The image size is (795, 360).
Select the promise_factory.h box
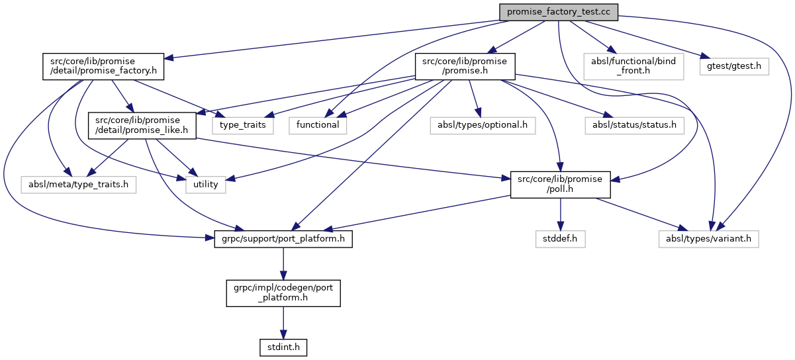pyautogui.click(x=103, y=66)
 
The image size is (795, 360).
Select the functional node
pyautogui.click(x=318, y=124)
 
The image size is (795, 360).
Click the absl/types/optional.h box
pyautogui.click(x=483, y=124)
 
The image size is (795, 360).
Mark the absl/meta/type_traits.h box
pyautogui.click(x=78, y=184)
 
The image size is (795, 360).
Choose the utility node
pyautogui.click(x=206, y=184)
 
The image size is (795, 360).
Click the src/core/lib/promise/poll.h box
pyautogui.click(x=560, y=184)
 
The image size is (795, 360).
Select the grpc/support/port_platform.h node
pyautogui.click(x=283, y=238)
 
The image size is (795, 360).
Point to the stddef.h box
pyautogui.click(x=561, y=238)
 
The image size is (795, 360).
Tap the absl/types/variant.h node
pyautogui.click(x=708, y=238)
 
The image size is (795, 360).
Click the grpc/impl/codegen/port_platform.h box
pyautogui.click(x=283, y=292)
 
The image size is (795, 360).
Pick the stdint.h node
pyautogui.click(x=283, y=345)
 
